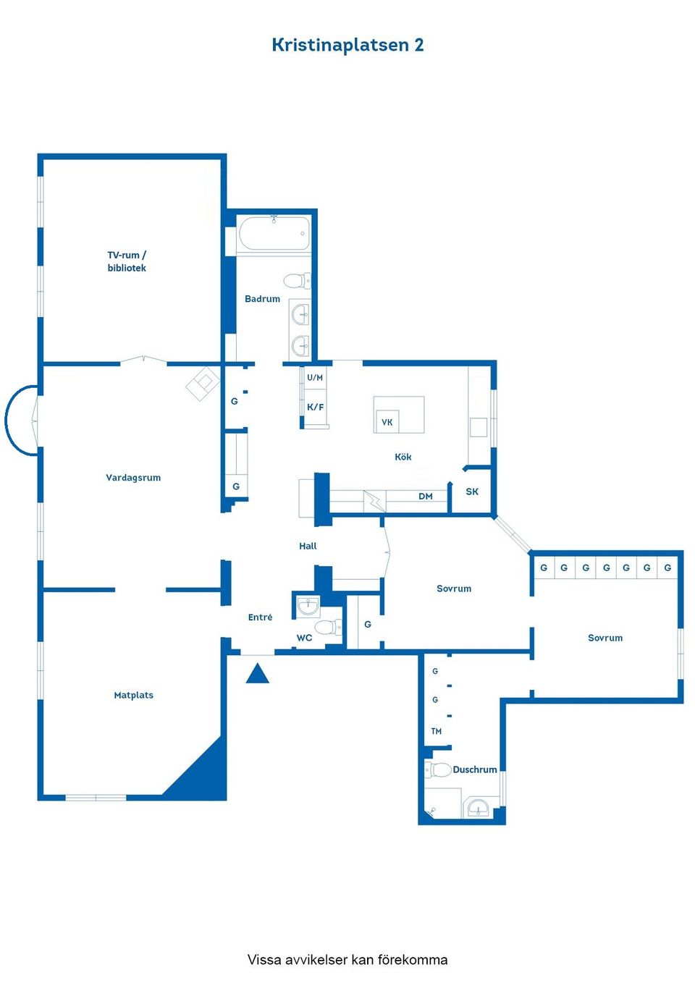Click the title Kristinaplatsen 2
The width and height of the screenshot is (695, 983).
(347, 45)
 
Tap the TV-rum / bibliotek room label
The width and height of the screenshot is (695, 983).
(127, 261)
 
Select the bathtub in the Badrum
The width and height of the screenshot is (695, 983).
(274, 234)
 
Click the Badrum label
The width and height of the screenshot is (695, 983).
(262, 299)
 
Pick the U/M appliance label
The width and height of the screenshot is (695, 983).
(315, 378)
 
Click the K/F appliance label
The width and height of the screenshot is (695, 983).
(316, 408)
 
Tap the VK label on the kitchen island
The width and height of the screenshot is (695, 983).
(387, 422)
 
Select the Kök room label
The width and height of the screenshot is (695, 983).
(403, 457)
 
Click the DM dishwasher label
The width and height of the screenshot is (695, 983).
(426, 497)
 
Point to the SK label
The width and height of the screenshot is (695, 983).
(472, 492)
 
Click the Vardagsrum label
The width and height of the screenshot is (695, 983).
(133, 478)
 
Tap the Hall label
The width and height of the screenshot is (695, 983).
(308, 547)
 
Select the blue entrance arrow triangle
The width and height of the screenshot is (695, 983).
(258, 675)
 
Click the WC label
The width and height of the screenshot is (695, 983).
(304, 638)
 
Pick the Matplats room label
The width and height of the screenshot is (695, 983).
(134, 696)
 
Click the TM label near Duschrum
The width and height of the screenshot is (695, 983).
(437, 732)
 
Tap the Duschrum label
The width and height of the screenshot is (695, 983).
(475, 770)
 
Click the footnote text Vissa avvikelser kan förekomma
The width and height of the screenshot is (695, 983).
(347, 960)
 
